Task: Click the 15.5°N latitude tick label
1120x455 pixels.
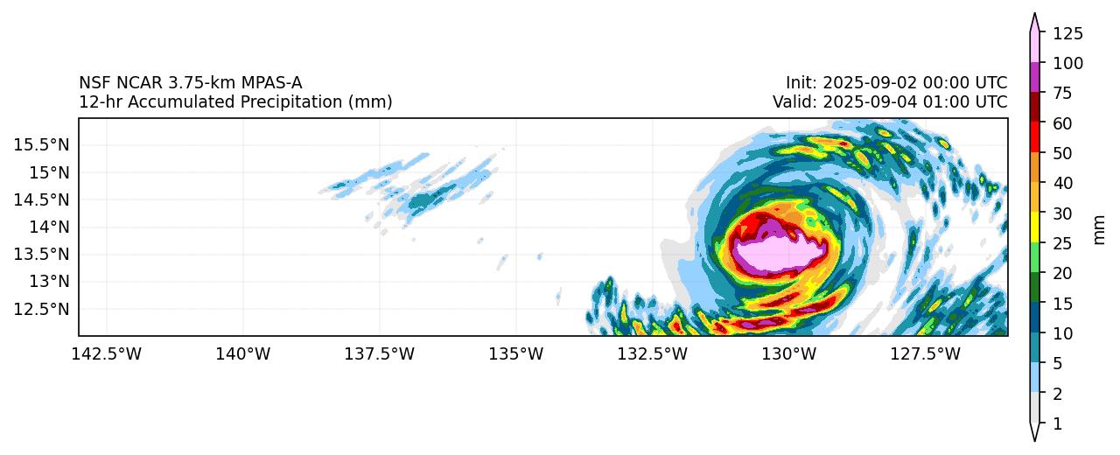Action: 41,144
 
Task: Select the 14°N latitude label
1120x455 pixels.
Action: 48,227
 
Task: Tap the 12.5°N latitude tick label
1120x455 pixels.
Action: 41,309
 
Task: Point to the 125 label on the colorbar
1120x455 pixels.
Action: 1067,34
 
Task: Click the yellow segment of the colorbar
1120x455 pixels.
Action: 1034,228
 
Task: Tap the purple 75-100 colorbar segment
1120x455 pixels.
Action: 1034,78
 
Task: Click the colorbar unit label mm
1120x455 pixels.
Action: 1100,228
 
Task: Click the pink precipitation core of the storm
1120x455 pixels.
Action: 779,256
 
